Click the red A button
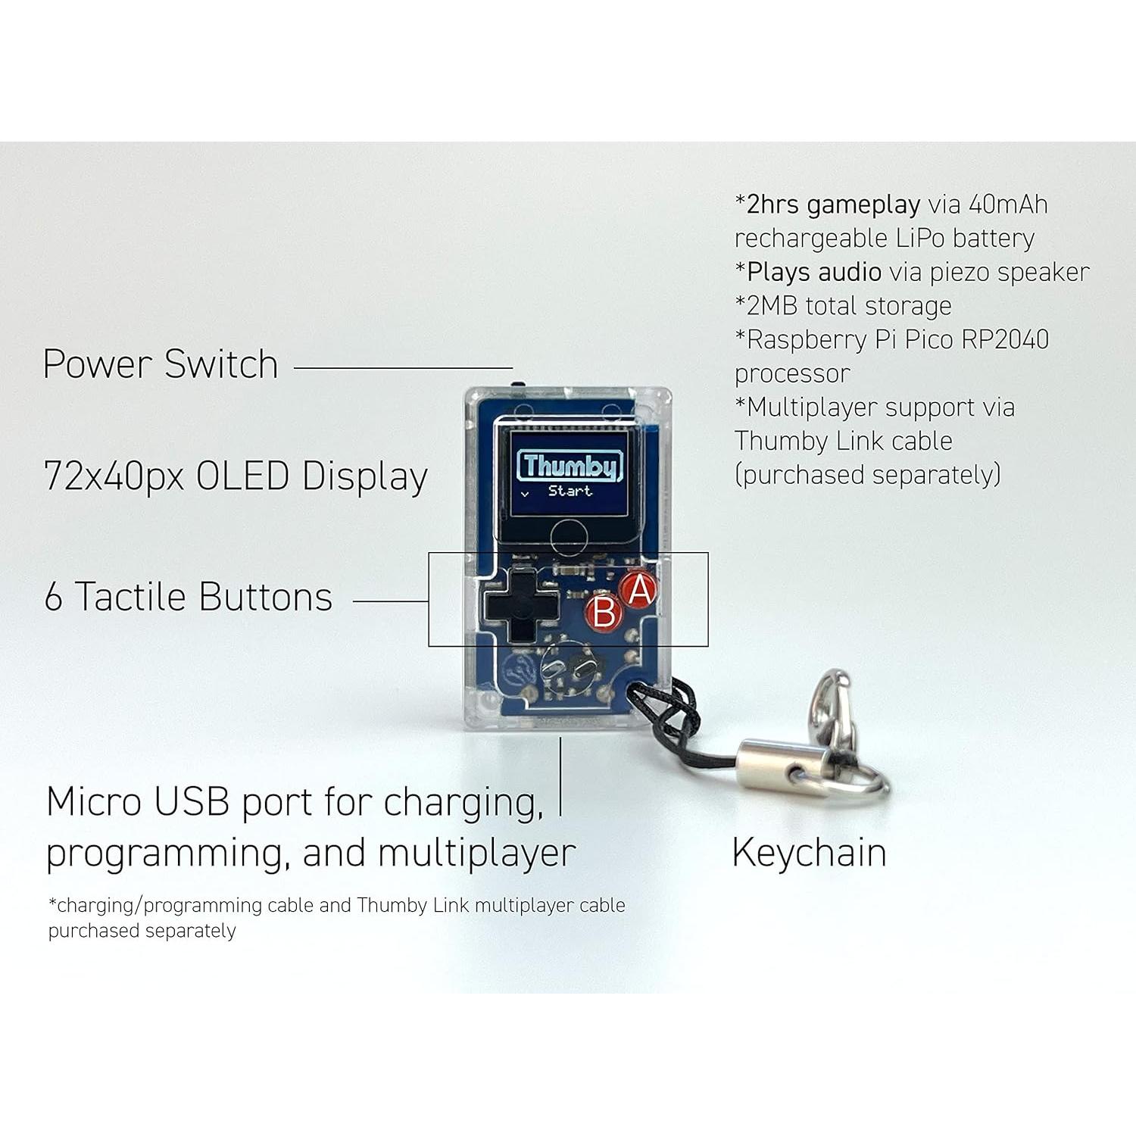point(638,589)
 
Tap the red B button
point(604,611)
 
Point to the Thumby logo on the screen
point(570,465)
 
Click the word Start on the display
point(570,491)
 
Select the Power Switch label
point(161,364)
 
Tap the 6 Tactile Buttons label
point(189,597)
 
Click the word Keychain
point(809,853)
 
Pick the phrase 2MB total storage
point(843,306)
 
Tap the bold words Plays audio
point(813,272)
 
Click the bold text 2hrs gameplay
point(832,204)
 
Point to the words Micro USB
point(137,802)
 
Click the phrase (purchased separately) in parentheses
point(867,475)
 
